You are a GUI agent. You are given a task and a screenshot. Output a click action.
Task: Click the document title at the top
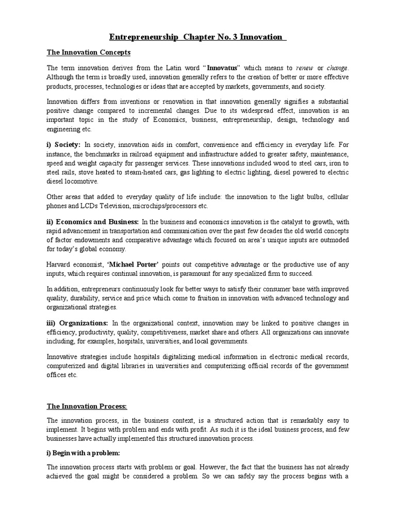click(197, 37)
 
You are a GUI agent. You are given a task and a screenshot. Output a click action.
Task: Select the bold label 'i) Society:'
click(64, 144)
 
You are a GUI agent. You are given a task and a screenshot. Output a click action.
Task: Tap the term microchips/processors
click(178, 206)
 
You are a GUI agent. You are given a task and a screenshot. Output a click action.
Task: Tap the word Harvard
click(59, 264)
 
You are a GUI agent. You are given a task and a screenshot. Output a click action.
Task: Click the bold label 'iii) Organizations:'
click(77, 323)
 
